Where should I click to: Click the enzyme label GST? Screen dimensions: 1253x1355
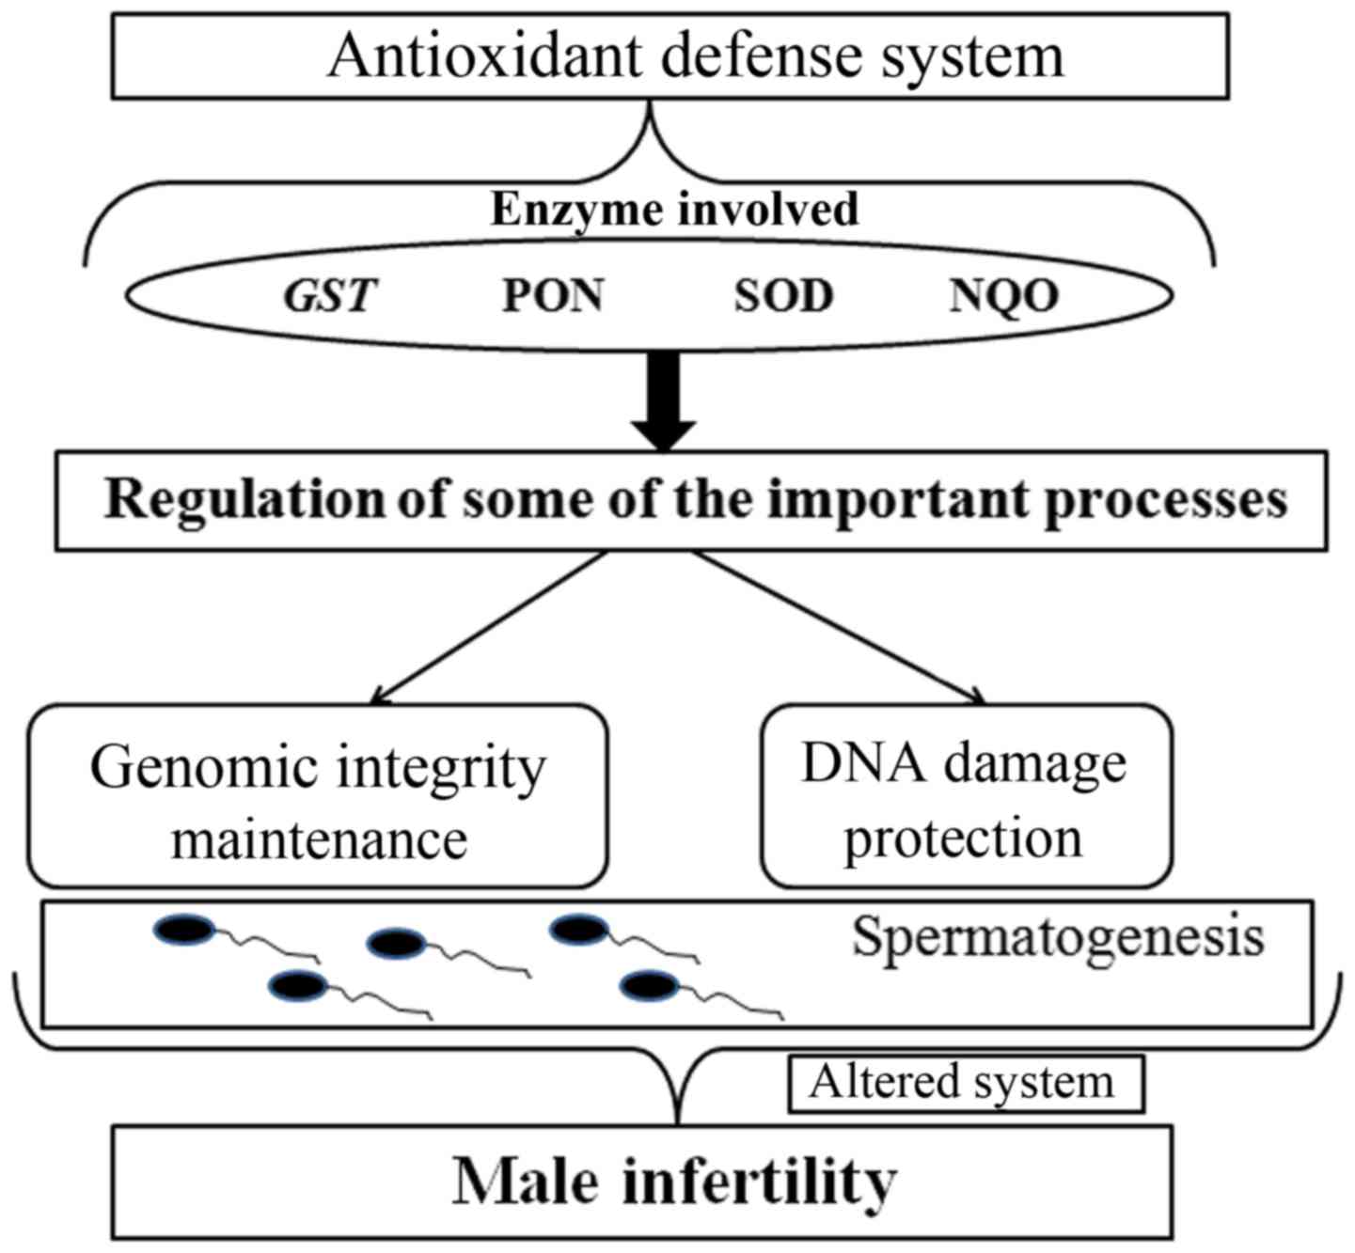click(x=330, y=296)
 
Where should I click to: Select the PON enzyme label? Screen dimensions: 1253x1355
click(x=552, y=296)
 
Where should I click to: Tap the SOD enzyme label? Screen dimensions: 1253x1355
click(x=783, y=296)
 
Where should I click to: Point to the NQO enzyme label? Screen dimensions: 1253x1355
click(x=1004, y=296)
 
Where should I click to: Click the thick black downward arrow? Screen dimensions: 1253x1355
click(x=664, y=399)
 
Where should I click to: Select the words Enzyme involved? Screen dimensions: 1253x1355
click(x=674, y=209)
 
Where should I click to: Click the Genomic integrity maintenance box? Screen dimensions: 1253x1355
click(x=318, y=797)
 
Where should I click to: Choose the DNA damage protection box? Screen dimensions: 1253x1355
click(x=966, y=797)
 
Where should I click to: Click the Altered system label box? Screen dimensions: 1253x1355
click(x=965, y=1083)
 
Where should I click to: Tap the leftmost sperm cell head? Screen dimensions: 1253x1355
click(x=184, y=930)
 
